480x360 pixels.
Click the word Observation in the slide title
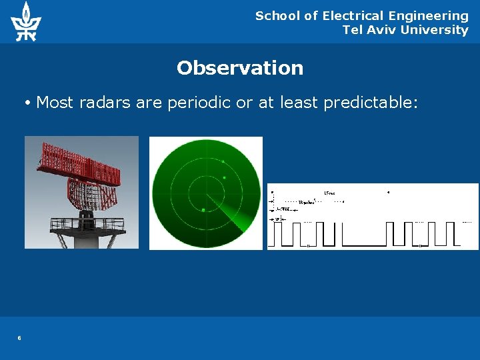pyautogui.click(x=240, y=68)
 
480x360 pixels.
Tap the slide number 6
pyautogui.click(x=19, y=338)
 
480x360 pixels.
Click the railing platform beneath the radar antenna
pyautogui.click(x=87, y=225)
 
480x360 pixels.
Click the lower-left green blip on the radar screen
pyautogui.click(x=203, y=210)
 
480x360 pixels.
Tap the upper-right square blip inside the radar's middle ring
pyautogui.click(x=225, y=177)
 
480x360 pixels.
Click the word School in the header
pyautogui.click(x=277, y=16)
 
